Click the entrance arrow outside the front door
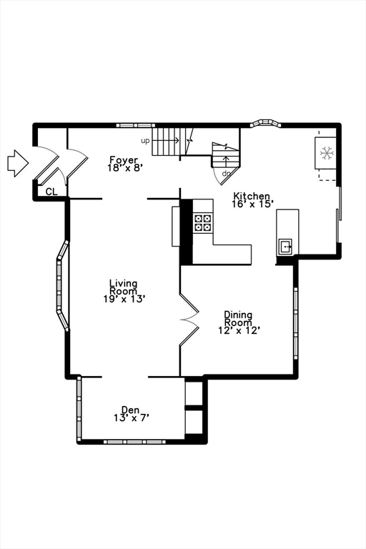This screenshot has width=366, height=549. pyautogui.click(x=18, y=163)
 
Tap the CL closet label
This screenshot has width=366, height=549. pyautogui.click(x=51, y=192)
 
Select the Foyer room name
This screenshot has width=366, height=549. pyautogui.click(x=123, y=160)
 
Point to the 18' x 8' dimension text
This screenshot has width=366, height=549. pyautogui.click(x=126, y=167)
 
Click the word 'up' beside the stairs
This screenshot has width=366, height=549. pyautogui.click(x=145, y=141)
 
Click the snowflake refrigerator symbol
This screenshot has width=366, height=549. pyautogui.click(x=327, y=153)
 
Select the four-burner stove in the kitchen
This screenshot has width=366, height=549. pyautogui.click(x=203, y=223)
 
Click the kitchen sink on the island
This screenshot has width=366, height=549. pyautogui.click(x=285, y=247)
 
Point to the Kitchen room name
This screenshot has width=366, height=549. pyautogui.click(x=252, y=196)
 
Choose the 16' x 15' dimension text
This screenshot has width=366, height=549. pyautogui.click(x=252, y=204)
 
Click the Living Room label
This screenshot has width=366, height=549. pyautogui.click(x=123, y=287)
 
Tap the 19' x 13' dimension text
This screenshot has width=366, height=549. pyautogui.click(x=124, y=299)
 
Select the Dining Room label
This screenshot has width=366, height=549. pyautogui.click(x=238, y=318)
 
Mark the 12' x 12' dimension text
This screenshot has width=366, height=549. pyautogui.click(x=239, y=330)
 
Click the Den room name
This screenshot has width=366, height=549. pyautogui.click(x=130, y=410)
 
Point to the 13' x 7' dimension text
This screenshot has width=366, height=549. pyautogui.click(x=132, y=417)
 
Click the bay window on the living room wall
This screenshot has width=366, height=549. pyautogui.click(x=62, y=285)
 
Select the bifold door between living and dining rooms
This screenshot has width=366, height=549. pyautogui.click(x=189, y=319)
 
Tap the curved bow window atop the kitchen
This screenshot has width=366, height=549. pyautogui.click(x=265, y=124)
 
